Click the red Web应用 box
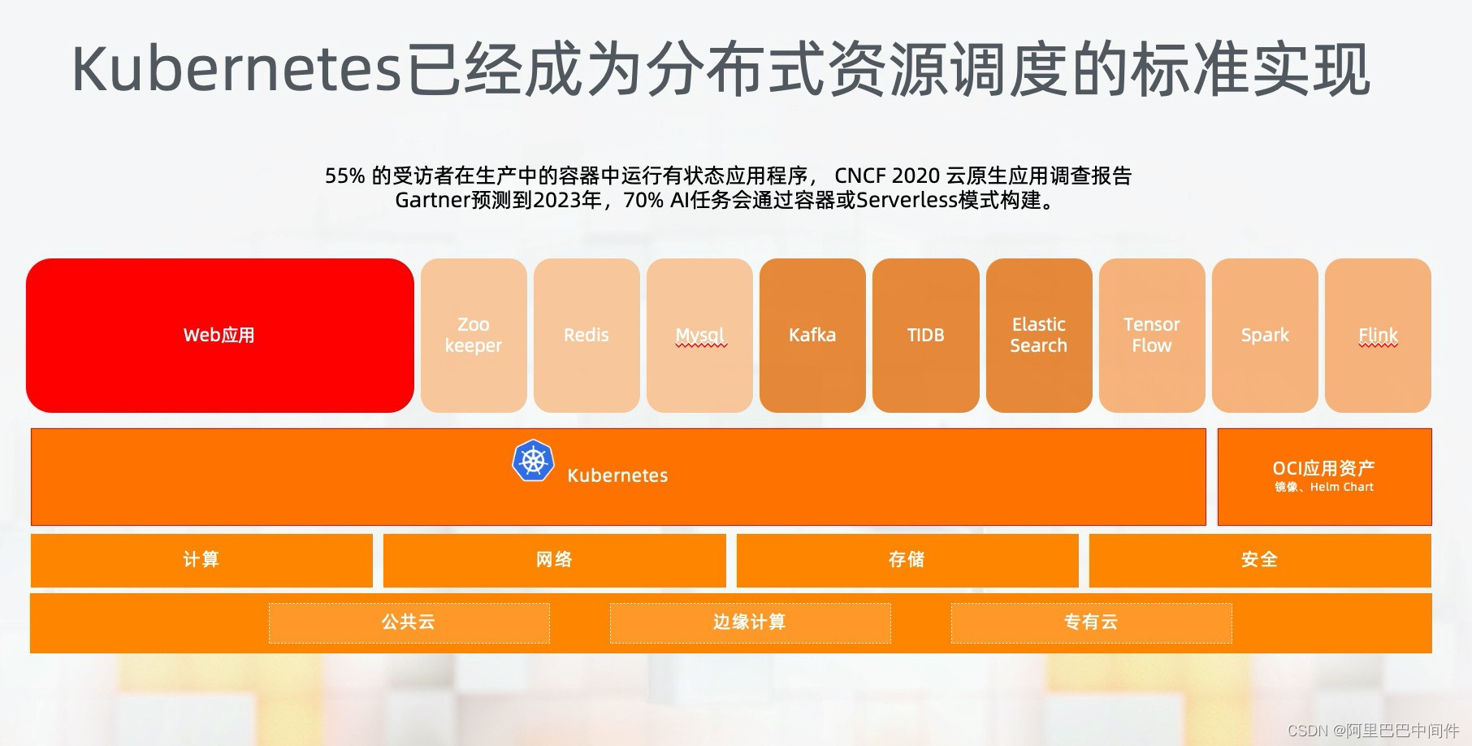pos(219,335)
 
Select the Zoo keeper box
pos(474,335)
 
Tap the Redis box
pos(587,335)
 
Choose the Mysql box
pos(699,335)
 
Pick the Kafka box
pos(812,335)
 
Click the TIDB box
pos(925,335)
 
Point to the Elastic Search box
pos(1038,335)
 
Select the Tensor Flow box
pos(1151,335)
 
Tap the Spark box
pos(1265,335)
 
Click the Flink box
pos(1378,335)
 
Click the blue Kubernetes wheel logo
pos(533,461)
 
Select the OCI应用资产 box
pos(1324,476)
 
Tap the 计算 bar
pos(201,560)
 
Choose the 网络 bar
pos(554,560)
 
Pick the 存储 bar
pos(907,560)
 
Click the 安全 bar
pos(1259,560)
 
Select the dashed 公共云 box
pos(409,622)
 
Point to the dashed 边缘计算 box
pos(750,622)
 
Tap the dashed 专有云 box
pos(1091,622)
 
